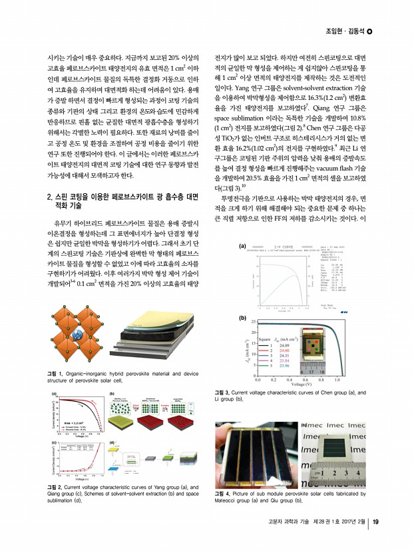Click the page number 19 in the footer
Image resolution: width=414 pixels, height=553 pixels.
pos(375,540)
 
